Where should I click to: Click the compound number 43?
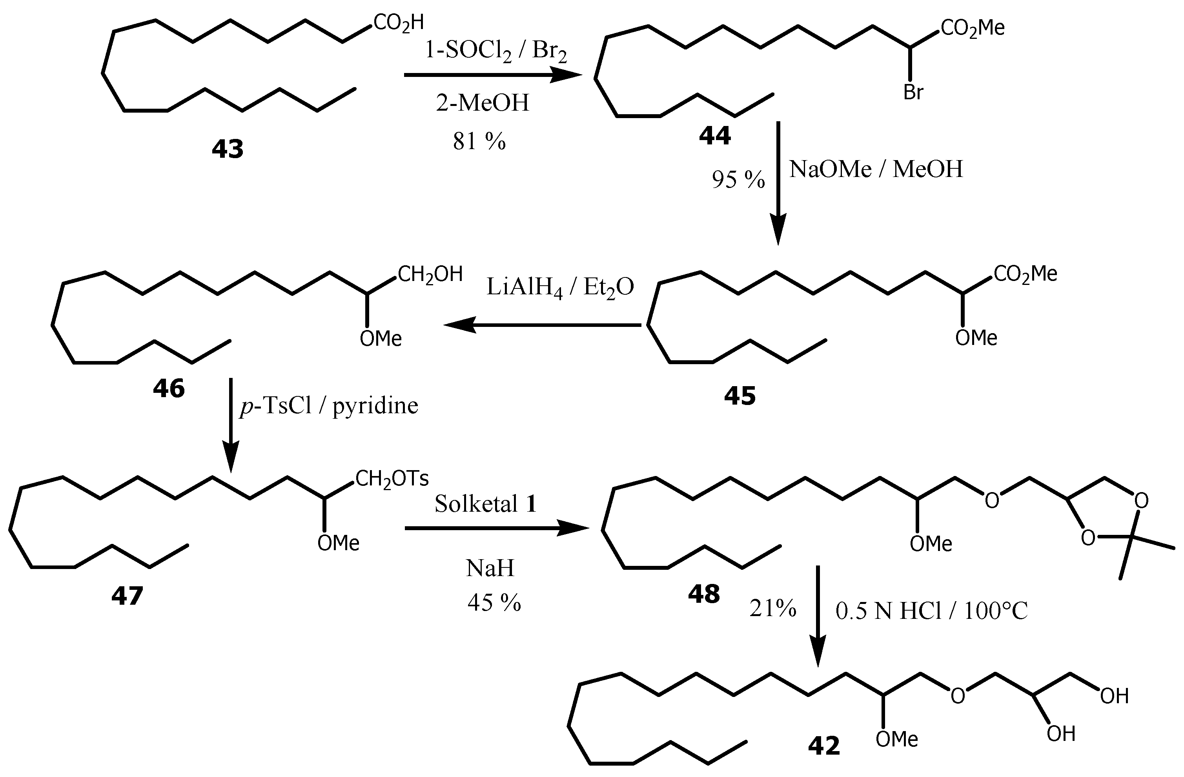pos(228,149)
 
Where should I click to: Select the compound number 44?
pos(715,135)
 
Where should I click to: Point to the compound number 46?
pos(169,388)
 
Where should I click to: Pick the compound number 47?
pos(128,595)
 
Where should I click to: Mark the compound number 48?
pos(703,594)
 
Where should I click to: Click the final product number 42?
pos(824,746)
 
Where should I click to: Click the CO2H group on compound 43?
pos(399,23)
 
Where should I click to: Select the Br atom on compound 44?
pos(913,93)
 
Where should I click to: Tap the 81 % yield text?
pos(479,142)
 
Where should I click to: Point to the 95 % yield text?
pos(738,180)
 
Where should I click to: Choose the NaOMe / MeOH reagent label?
pos(876,169)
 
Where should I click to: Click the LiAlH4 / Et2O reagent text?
pos(560,288)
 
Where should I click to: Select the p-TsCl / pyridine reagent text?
pos(329,406)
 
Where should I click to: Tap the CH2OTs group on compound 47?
pos(392,478)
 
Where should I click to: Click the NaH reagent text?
pos(490,568)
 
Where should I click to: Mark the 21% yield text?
pos(772,608)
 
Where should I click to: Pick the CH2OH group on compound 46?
pos(430,274)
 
